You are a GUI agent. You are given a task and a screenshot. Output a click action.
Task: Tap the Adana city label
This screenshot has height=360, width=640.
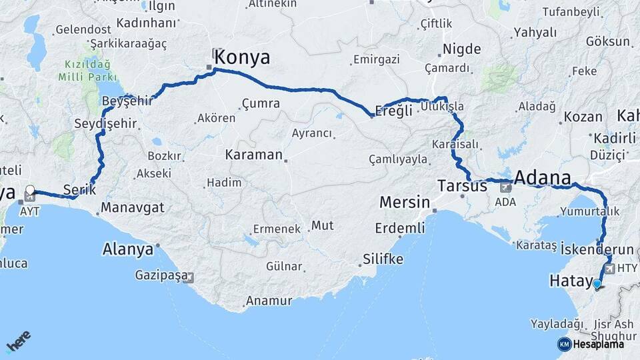point(543,178)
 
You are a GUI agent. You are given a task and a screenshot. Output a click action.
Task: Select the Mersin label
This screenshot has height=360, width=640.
point(405,201)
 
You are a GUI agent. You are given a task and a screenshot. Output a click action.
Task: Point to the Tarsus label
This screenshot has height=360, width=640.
point(463,186)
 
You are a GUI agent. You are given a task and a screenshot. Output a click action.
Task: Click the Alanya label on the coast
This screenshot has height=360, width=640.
point(127,250)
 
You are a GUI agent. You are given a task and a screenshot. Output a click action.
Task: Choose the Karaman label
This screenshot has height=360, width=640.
point(254,155)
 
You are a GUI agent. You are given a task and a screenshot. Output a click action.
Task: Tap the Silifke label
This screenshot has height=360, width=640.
point(383,259)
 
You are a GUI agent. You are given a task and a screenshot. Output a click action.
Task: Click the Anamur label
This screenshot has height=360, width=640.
point(269,301)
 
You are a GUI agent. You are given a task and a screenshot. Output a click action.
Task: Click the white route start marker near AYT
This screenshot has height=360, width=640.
point(30,190)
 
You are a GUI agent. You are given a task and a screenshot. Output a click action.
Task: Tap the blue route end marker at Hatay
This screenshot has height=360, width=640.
point(597,285)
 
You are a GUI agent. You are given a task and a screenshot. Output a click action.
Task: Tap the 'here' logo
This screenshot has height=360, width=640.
point(19,343)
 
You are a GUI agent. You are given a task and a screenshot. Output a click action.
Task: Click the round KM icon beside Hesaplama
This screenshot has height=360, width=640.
point(564,344)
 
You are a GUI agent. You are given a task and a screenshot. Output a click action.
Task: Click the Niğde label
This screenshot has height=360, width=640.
point(461,49)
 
